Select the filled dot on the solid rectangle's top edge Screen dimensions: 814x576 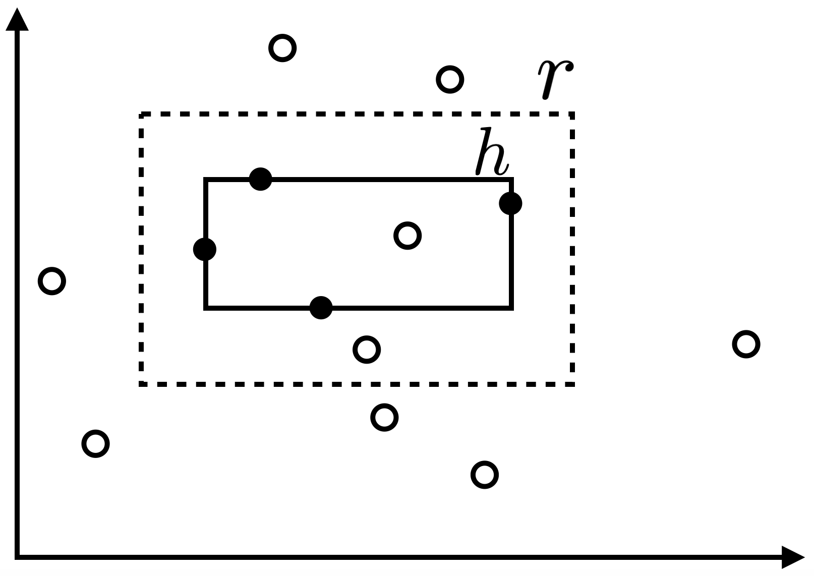(x=261, y=179)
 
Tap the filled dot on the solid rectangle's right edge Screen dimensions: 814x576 (x=510, y=203)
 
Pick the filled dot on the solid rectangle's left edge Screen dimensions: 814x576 (x=205, y=249)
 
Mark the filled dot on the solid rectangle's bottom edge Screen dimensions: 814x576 (x=321, y=308)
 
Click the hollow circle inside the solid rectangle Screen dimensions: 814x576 (x=408, y=236)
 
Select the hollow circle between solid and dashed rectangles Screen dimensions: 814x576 (x=367, y=350)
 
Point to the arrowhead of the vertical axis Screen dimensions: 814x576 (x=17, y=19)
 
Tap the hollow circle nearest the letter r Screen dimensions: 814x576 (x=449, y=79)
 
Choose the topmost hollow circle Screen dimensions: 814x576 (x=282, y=48)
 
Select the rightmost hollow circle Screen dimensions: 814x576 (x=746, y=344)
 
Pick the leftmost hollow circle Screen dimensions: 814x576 (x=52, y=281)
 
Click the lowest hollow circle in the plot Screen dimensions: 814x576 (x=485, y=475)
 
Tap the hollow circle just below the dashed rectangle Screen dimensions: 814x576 (x=384, y=418)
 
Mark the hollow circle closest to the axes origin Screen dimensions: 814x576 (x=95, y=444)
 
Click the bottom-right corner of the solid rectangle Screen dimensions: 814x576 (x=511, y=307)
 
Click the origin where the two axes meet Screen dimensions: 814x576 (x=17, y=557)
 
